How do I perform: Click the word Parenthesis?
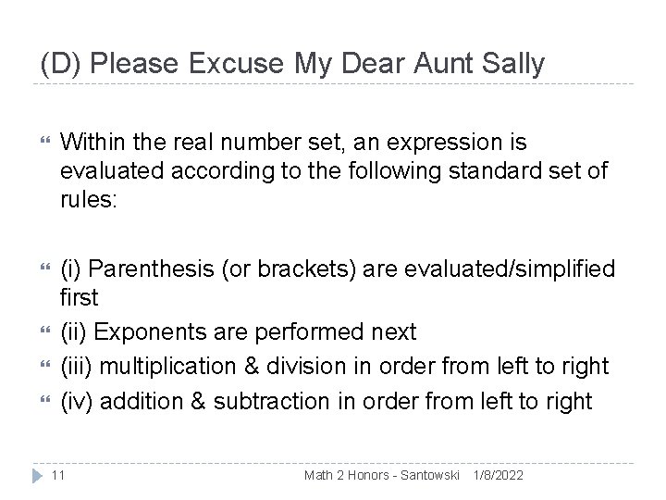pos(147,269)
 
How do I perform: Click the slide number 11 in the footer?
pos(58,475)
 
